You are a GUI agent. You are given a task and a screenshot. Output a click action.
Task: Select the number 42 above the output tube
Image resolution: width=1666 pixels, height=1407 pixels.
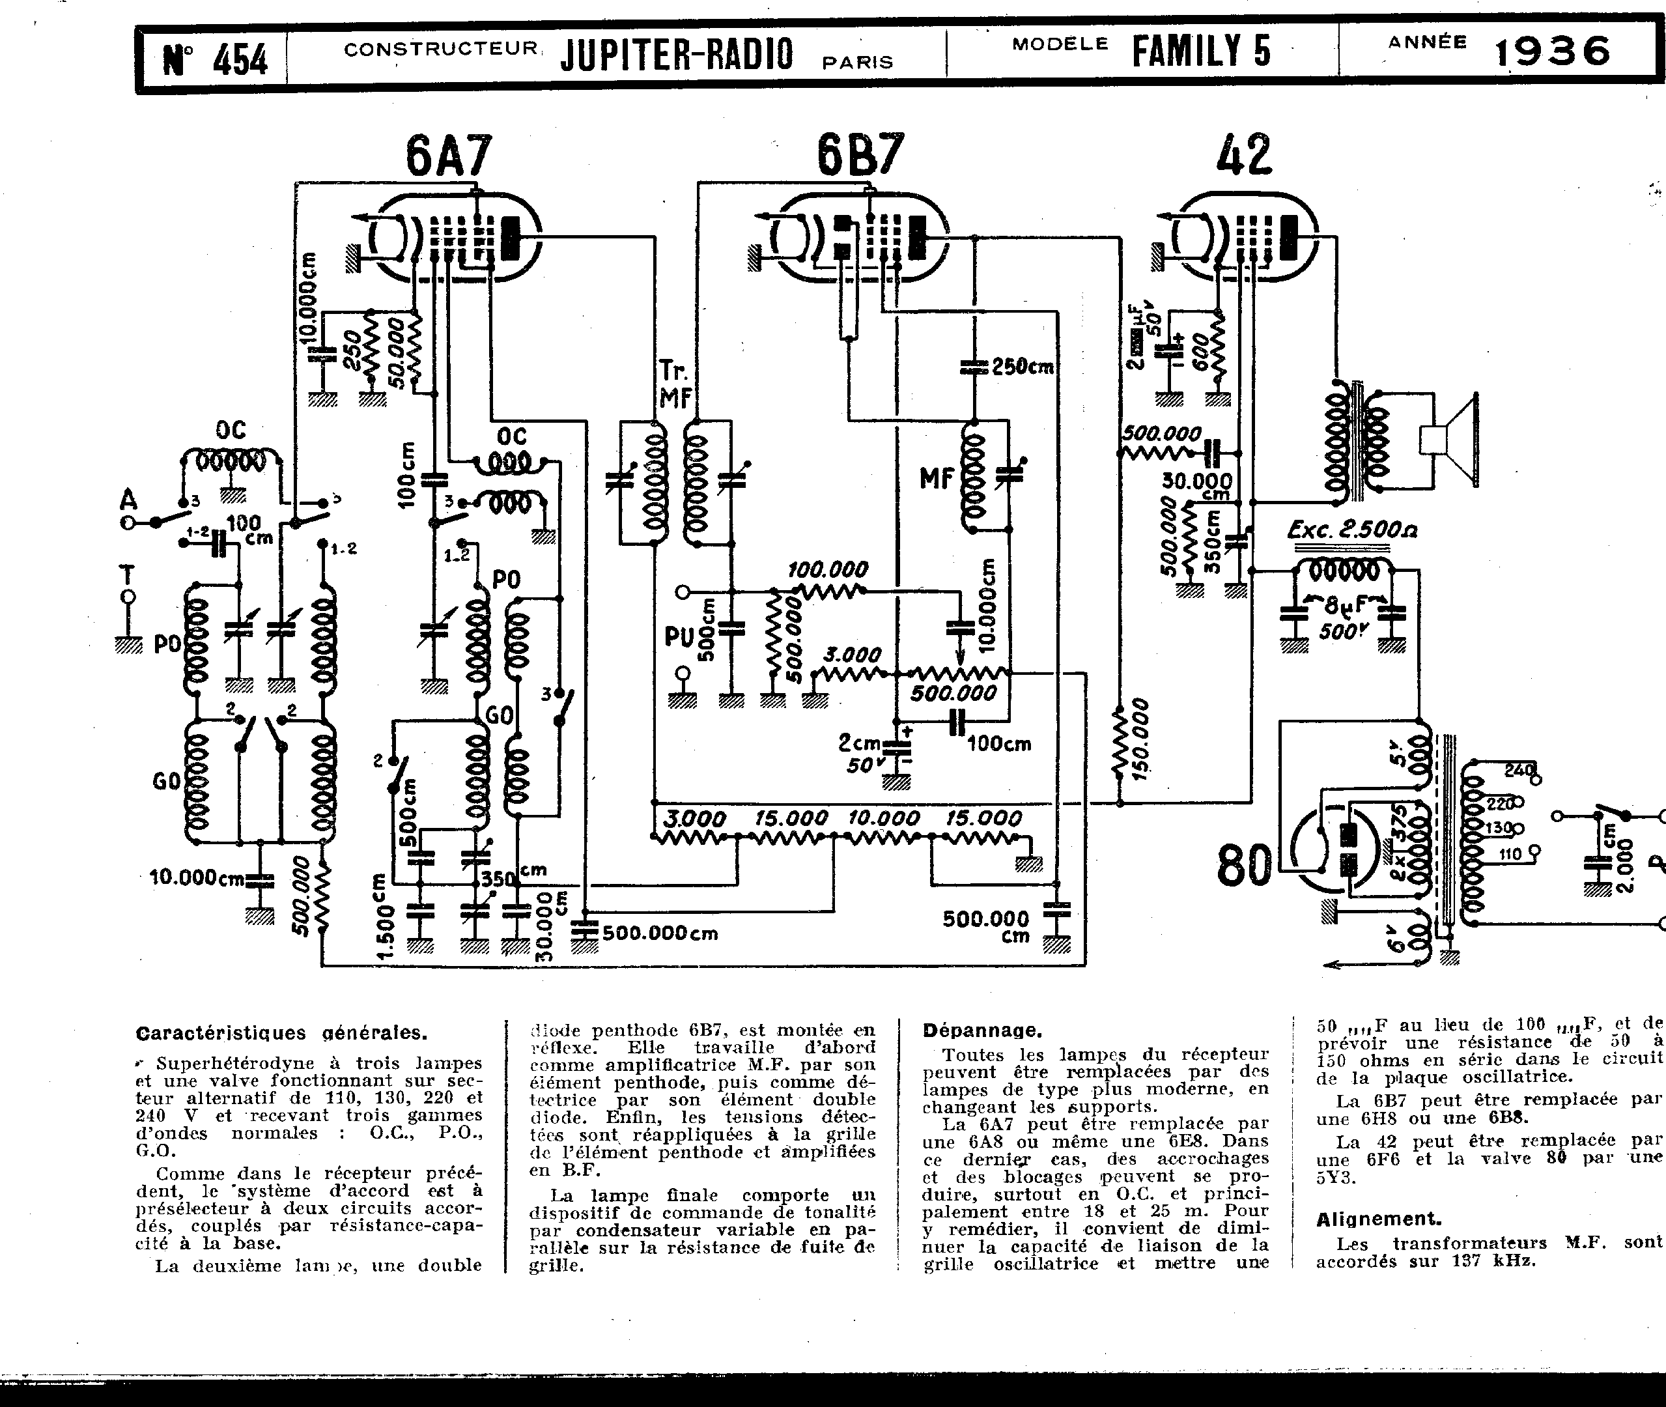click(1243, 155)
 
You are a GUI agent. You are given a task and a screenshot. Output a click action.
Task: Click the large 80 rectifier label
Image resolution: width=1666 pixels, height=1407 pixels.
click(1244, 866)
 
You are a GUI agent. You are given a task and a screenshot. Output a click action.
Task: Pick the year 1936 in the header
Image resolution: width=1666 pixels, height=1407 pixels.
click(1552, 53)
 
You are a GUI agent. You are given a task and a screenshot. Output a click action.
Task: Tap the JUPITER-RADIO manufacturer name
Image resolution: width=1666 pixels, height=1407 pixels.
click(676, 54)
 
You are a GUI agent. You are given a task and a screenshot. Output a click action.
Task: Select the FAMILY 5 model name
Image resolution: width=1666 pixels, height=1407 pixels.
click(1201, 51)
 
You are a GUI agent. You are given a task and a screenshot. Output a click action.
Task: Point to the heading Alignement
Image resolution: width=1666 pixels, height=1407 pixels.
click(1377, 1219)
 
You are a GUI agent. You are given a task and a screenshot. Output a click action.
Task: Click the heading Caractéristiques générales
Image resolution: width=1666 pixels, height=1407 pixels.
click(281, 1033)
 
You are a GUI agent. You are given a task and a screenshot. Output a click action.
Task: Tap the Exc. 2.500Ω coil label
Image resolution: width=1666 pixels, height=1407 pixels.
click(1353, 530)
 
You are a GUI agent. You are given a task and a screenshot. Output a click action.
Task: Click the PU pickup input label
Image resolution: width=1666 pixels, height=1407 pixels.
click(678, 636)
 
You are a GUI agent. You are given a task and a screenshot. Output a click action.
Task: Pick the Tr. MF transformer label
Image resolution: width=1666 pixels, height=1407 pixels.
click(675, 384)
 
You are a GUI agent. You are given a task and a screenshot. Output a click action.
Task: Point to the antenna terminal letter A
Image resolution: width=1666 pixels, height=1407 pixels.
click(128, 500)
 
